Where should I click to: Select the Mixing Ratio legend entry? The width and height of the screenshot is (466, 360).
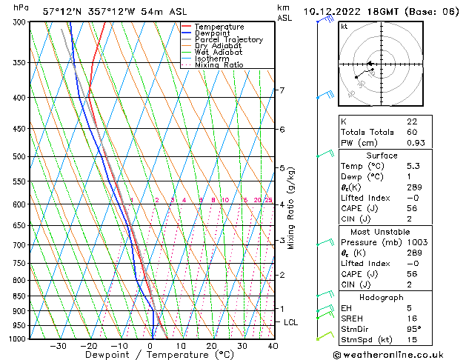[x=221, y=65]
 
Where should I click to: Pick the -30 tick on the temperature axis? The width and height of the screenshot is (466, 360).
[x=58, y=346]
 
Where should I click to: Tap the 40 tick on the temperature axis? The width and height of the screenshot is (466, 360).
[x=273, y=346]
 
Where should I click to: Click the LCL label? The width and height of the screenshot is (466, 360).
[x=291, y=323]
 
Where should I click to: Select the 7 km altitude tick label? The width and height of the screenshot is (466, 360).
[x=282, y=90]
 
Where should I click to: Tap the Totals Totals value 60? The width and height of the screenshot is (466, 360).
[x=411, y=132]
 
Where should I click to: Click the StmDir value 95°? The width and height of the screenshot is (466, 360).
[x=413, y=330]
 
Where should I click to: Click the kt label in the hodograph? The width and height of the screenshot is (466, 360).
[x=344, y=26]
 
